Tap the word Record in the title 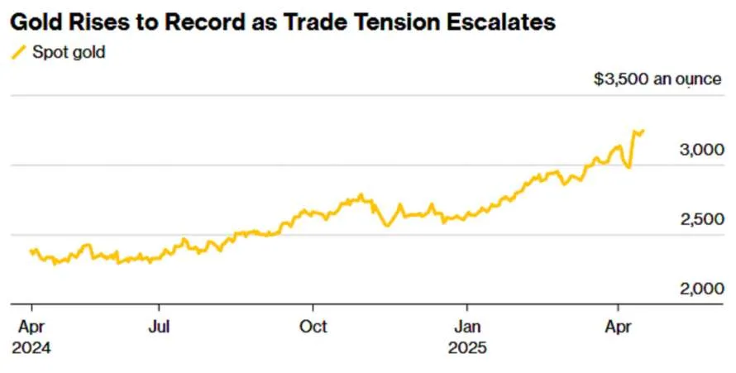tap(208, 22)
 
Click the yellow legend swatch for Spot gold tap(18, 52)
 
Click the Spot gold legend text tap(69, 52)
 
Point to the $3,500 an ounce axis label tap(657, 79)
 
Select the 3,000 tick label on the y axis tap(702, 151)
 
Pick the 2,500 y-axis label tap(702, 219)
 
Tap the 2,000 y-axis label tap(702, 289)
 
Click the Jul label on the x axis tap(159, 327)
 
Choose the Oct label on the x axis tap(313, 327)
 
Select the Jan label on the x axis tap(467, 327)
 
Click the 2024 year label tap(31, 348)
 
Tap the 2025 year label tap(467, 348)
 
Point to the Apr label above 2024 tap(31, 328)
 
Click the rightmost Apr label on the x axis tap(618, 328)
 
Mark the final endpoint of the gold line tap(643, 131)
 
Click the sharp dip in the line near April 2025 tap(628, 167)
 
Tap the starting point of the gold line tap(31, 251)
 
